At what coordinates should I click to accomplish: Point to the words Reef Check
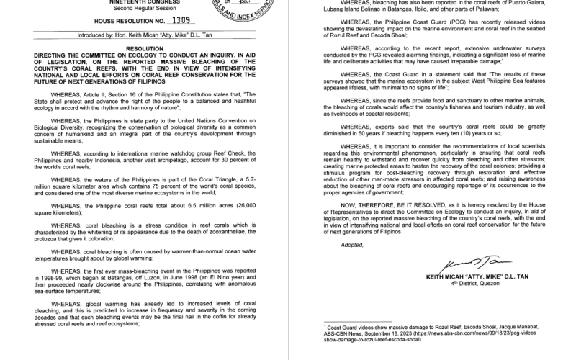coord(194,154)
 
